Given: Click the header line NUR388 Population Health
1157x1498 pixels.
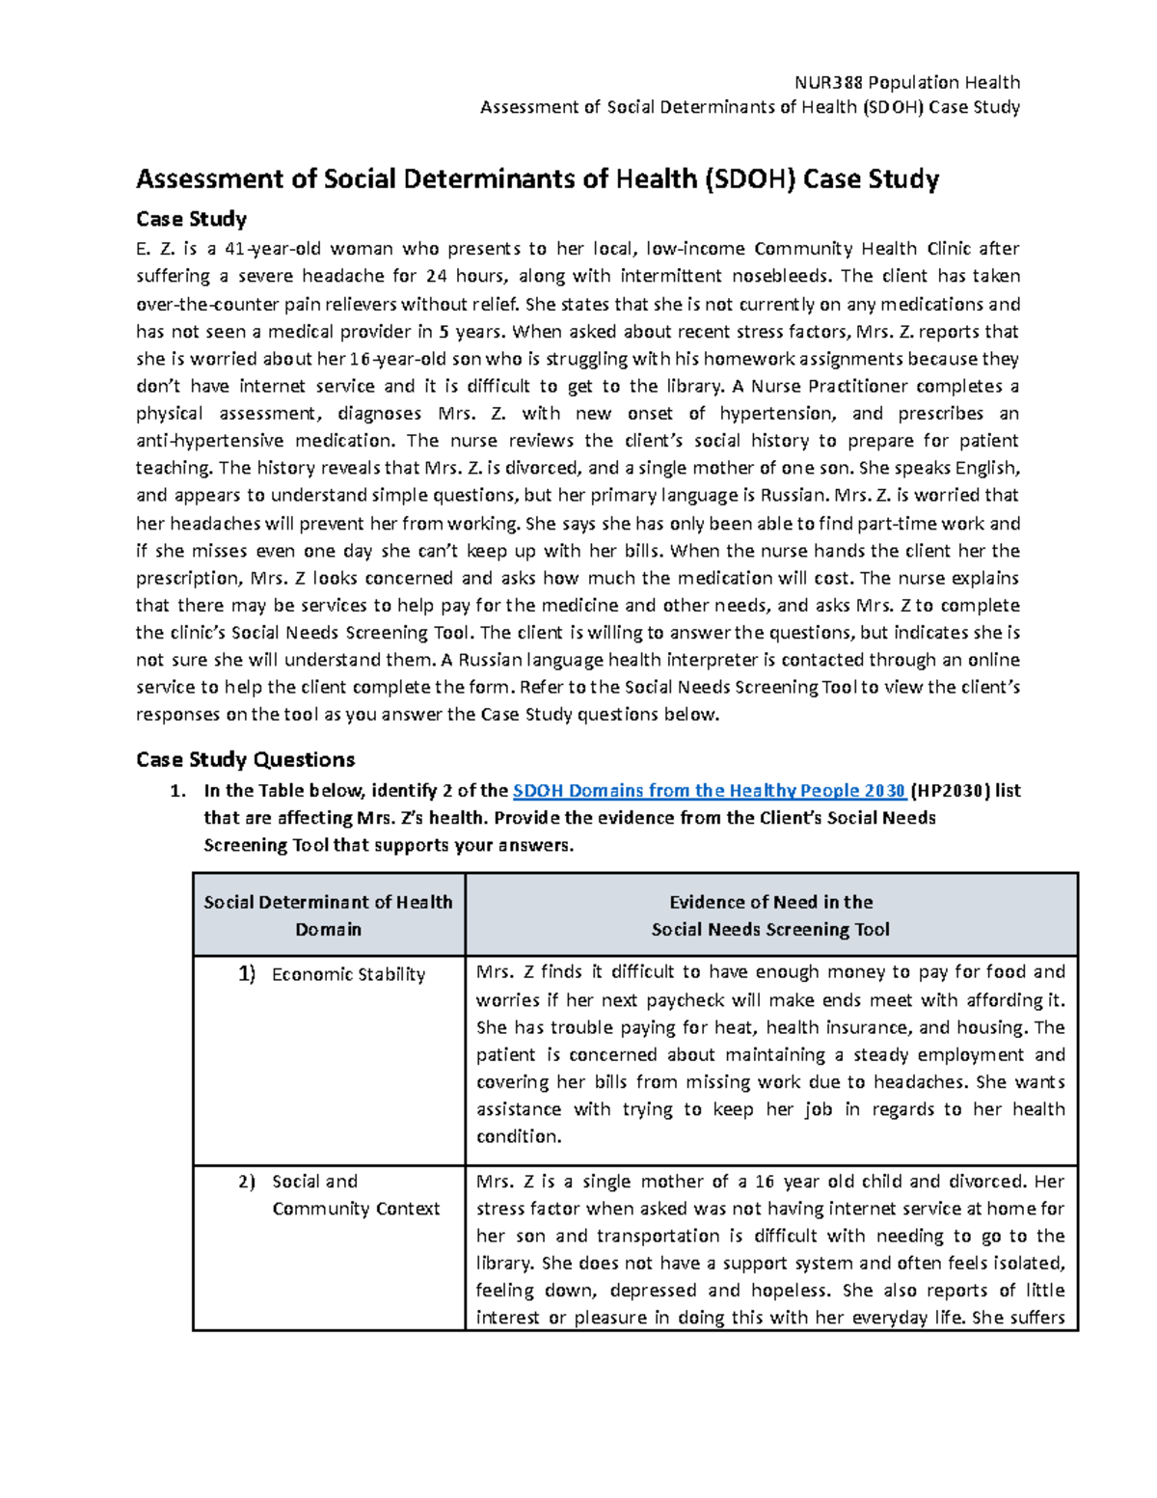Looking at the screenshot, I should pos(905,82).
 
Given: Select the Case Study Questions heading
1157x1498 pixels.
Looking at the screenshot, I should pos(246,759).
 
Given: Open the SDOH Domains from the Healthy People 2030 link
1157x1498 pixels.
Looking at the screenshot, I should pos(709,791).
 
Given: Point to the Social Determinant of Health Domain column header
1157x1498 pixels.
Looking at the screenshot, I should pos(328,915).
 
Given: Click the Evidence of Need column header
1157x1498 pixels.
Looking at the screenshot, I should pos(770,915).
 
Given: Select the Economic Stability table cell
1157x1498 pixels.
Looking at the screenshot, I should pos(348,974).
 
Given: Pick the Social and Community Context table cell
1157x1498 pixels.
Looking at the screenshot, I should pos(355,1195).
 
